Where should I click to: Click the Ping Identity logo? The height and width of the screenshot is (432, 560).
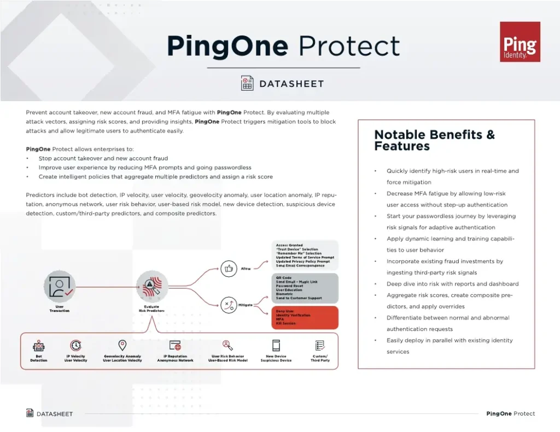(x=520, y=42)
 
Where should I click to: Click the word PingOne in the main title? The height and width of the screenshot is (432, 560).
(x=227, y=46)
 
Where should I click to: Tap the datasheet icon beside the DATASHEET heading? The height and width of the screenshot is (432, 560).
(x=247, y=83)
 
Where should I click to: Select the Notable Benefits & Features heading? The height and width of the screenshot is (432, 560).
(x=434, y=140)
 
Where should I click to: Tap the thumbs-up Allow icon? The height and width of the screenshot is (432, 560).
(x=227, y=268)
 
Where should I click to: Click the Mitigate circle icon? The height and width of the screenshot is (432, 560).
(x=227, y=305)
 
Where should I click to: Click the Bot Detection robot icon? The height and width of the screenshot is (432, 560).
(x=38, y=346)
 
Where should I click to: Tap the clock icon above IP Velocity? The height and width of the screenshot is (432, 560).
(x=75, y=346)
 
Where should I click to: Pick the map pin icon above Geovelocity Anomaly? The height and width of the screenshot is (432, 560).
(x=122, y=346)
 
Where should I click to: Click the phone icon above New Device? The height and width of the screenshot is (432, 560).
(x=276, y=346)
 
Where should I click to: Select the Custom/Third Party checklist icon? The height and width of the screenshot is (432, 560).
(x=320, y=346)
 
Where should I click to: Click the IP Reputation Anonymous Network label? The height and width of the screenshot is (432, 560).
(x=175, y=358)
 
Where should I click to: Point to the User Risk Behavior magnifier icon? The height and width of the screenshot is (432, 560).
(x=228, y=346)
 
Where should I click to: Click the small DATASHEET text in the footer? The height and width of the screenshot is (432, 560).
(x=54, y=413)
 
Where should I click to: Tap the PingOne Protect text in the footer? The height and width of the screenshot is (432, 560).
(x=510, y=413)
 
